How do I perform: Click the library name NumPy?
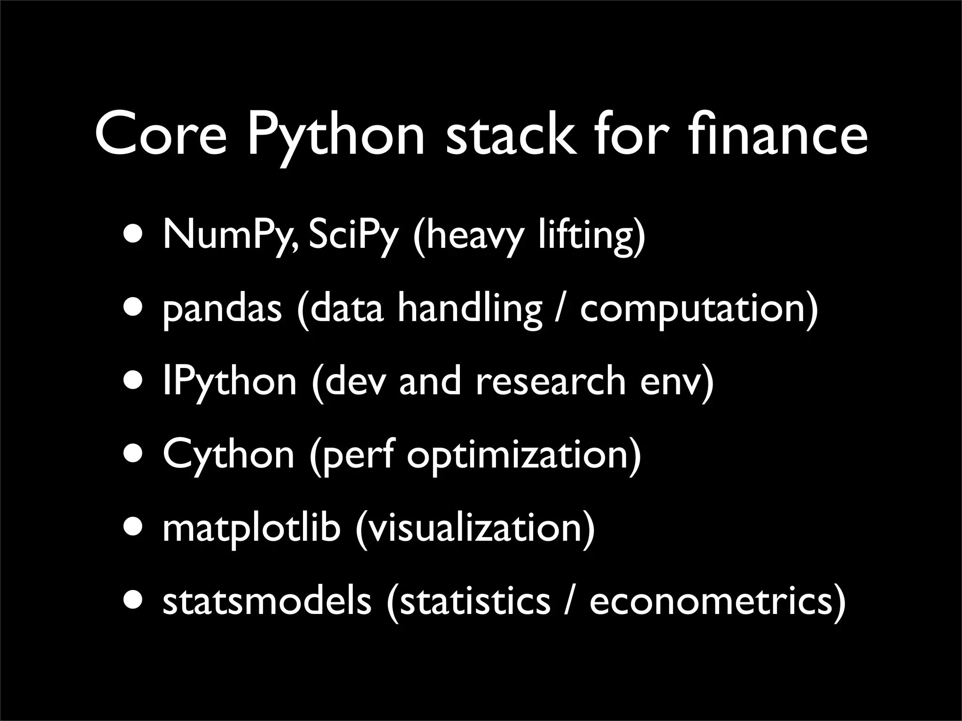(x=230, y=236)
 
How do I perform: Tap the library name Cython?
(x=228, y=456)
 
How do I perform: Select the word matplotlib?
(x=251, y=528)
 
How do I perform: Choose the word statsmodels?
(x=267, y=601)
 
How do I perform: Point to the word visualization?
(x=475, y=528)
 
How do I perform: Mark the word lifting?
(x=587, y=236)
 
